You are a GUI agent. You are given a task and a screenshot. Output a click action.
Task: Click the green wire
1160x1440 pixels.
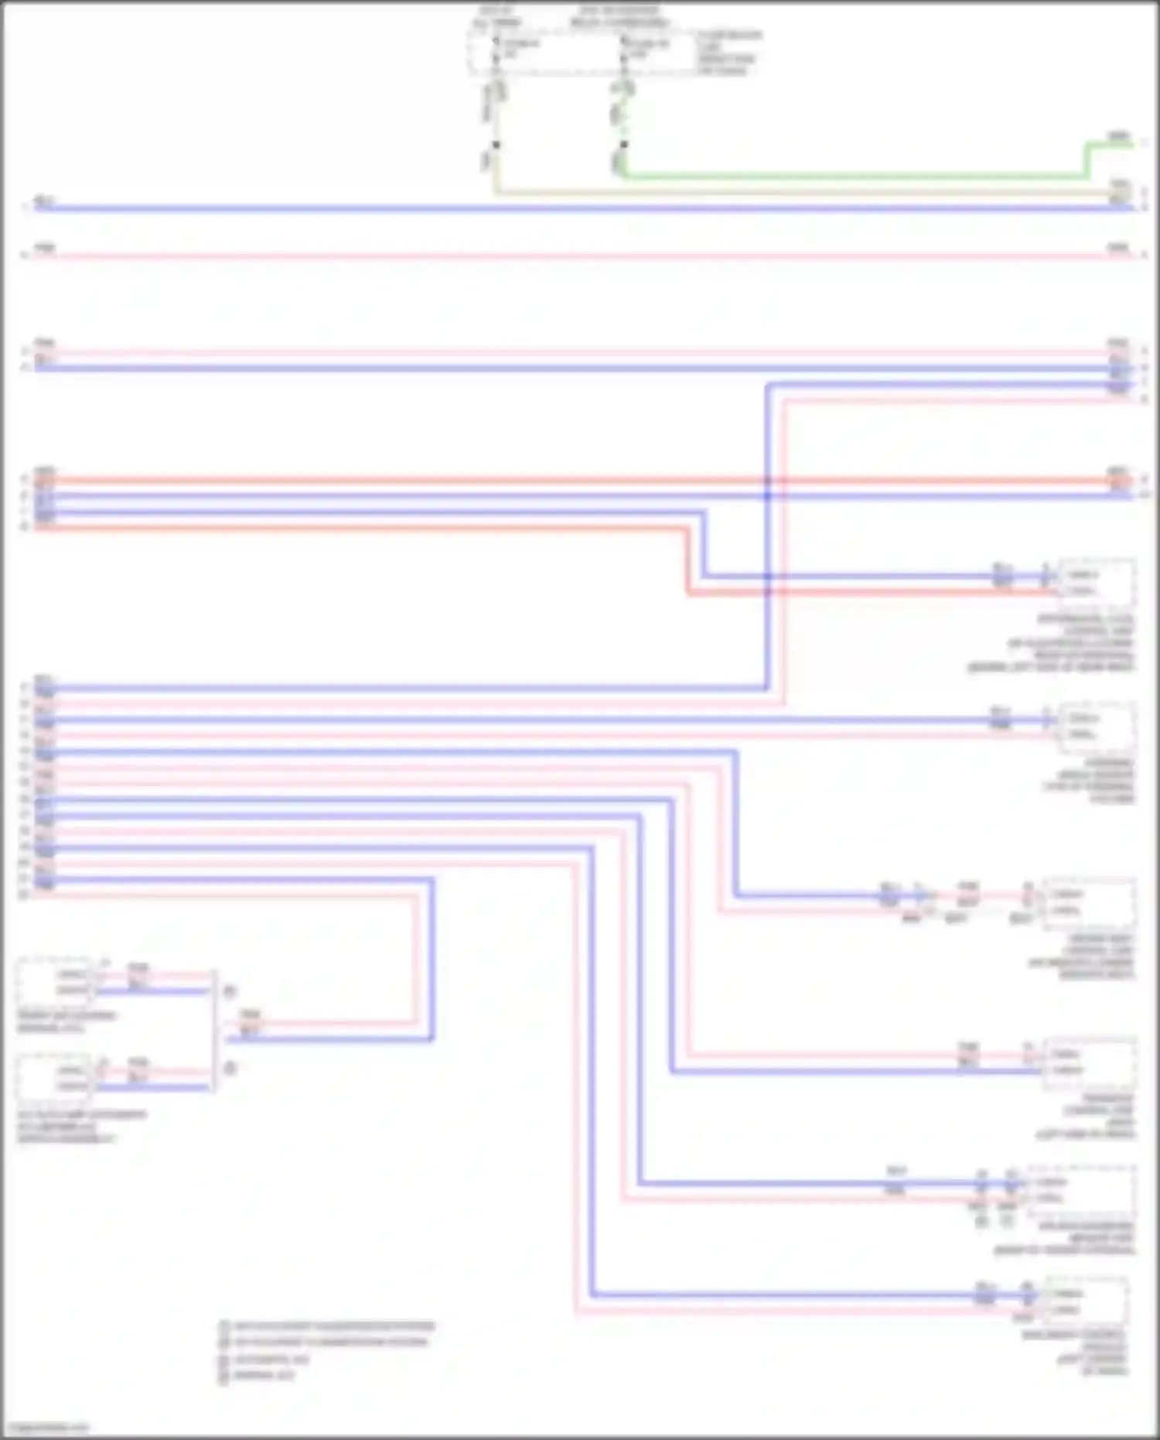[851, 176]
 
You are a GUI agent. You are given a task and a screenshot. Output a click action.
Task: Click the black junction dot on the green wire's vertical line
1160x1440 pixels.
[624, 145]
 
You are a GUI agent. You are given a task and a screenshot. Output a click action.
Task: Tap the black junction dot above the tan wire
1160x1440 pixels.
[496, 145]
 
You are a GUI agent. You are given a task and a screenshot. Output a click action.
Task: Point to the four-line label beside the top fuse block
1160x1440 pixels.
[728, 53]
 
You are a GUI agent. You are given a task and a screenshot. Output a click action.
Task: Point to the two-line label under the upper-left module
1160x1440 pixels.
[67, 1021]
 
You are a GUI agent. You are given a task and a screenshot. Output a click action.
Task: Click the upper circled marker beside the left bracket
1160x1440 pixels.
[229, 991]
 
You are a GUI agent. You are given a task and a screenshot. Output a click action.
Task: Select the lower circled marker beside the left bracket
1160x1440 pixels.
[229, 1069]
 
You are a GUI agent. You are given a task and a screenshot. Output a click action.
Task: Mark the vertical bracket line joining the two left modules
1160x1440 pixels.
[214, 1030]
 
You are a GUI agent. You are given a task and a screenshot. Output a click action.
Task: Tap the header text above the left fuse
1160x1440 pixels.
[496, 16]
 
